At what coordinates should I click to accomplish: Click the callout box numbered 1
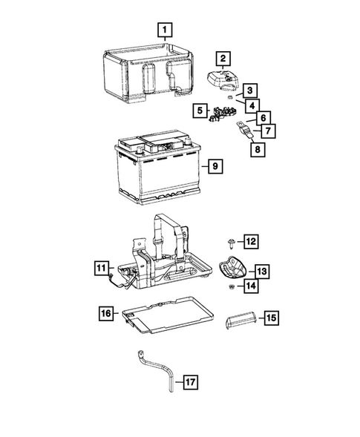pos(166,30)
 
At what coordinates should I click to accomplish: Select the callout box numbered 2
pos(222,58)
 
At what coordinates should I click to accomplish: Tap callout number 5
pos(199,111)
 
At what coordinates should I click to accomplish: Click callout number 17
pos(190,383)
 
